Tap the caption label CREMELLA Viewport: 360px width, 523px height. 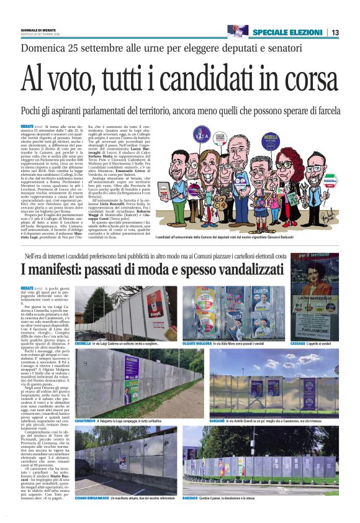83,343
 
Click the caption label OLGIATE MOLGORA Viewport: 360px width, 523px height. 200,343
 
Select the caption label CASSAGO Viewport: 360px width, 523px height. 301,343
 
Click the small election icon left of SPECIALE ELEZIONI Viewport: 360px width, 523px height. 238,31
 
